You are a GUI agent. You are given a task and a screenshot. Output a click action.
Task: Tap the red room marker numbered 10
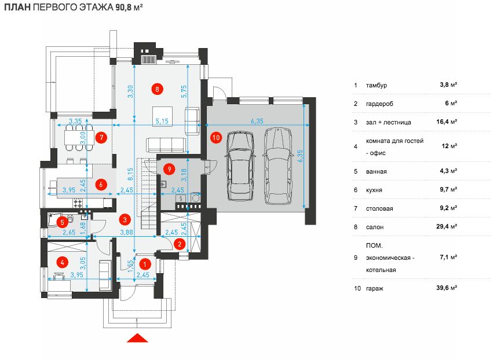click(x=216, y=138)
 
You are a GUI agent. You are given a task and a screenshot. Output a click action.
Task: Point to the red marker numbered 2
click(x=180, y=244)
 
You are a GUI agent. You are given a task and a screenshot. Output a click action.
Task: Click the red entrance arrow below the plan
click(x=138, y=339)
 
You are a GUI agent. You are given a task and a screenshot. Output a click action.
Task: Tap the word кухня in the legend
click(x=374, y=189)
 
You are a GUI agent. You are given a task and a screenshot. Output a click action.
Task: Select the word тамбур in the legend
click(x=377, y=85)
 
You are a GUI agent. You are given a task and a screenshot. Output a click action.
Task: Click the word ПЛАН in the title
click(x=17, y=8)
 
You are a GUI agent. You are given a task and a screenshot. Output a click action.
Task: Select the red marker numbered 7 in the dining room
click(x=101, y=138)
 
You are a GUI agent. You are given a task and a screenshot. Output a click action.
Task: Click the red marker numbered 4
click(x=61, y=262)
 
